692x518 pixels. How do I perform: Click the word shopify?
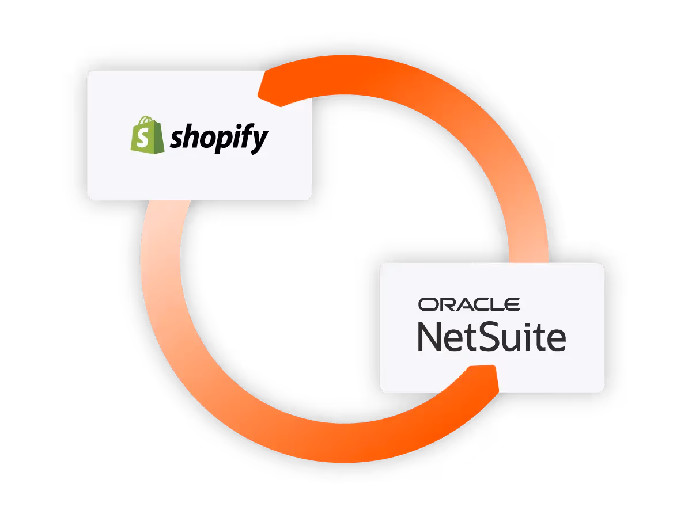(219, 138)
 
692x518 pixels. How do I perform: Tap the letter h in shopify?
(191, 136)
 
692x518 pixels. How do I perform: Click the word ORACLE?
(469, 304)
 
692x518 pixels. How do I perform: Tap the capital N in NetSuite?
(429, 337)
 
